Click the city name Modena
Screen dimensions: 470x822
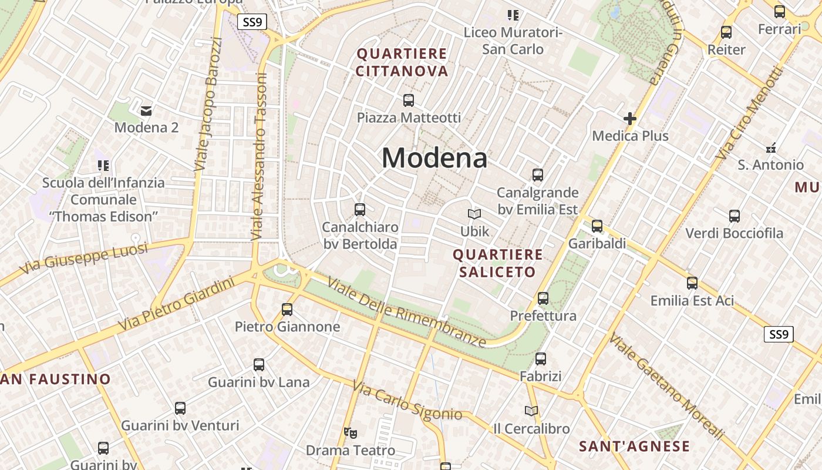coord(434,158)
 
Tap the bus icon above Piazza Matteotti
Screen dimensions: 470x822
coord(409,100)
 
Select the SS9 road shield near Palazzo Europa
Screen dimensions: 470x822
coord(252,22)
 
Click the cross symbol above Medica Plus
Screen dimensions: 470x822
coord(630,119)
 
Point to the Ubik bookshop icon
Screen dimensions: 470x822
coord(474,214)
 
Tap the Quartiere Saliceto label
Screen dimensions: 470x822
coord(498,263)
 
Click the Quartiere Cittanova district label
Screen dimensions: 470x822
coord(402,63)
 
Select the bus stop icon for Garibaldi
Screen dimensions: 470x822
coord(597,226)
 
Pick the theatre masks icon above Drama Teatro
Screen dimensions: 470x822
coord(351,434)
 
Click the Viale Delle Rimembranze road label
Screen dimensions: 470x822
coord(407,313)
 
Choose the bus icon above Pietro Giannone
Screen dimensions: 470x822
coord(287,310)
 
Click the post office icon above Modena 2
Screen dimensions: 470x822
coord(146,110)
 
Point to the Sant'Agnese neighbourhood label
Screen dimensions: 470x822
coord(634,446)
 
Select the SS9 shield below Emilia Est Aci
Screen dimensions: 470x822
coord(779,335)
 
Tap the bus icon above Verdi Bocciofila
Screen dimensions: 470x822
coord(735,216)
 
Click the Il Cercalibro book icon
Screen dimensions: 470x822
coord(531,411)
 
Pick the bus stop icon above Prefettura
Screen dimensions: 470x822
coord(543,298)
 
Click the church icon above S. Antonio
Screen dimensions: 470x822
coord(771,147)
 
